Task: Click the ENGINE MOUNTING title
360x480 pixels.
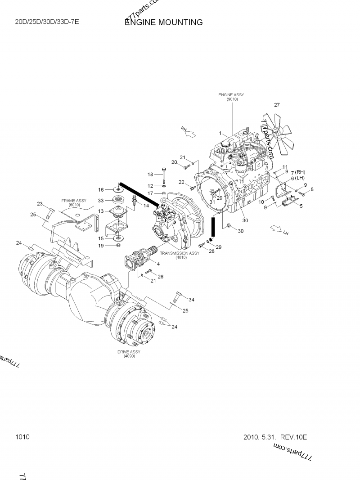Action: point(164,22)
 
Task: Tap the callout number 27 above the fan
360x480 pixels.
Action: point(277,105)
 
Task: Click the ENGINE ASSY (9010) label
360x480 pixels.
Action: point(231,97)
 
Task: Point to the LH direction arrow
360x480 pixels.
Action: point(276,230)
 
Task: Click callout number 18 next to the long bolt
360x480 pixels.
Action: point(151,175)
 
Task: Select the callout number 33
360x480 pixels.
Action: point(101,200)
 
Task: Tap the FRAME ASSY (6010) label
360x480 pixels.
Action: point(74,203)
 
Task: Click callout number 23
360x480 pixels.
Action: point(40,204)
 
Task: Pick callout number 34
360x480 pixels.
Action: point(192,300)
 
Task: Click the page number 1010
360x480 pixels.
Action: point(22,437)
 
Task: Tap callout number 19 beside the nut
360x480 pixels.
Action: point(101,246)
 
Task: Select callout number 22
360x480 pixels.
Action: point(181,182)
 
